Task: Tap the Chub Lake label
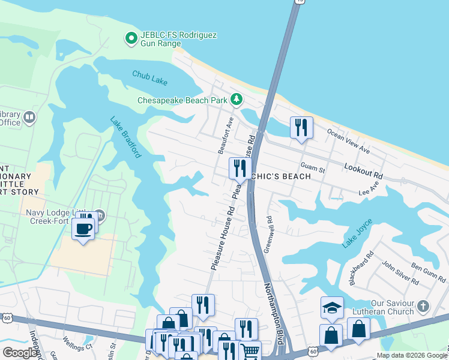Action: (147, 75)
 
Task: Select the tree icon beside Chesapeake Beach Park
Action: (237, 99)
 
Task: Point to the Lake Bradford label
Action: (125, 137)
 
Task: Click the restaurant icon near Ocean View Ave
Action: (301, 127)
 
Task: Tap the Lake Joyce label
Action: (357, 233)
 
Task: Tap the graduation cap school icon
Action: (332, 307)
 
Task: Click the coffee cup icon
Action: (83, 228)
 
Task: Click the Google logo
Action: (20, 353)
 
